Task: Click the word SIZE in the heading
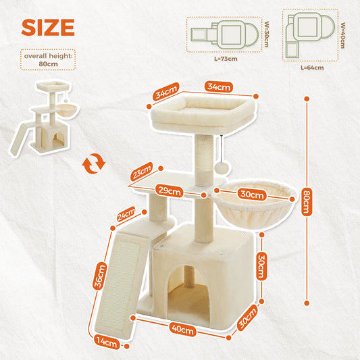coord(47,27)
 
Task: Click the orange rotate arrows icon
coord(94,163)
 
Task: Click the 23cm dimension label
coord(142,173)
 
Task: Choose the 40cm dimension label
coord(182,330)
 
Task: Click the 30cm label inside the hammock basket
coord(252,195)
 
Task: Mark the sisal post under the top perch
coord(205,157)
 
